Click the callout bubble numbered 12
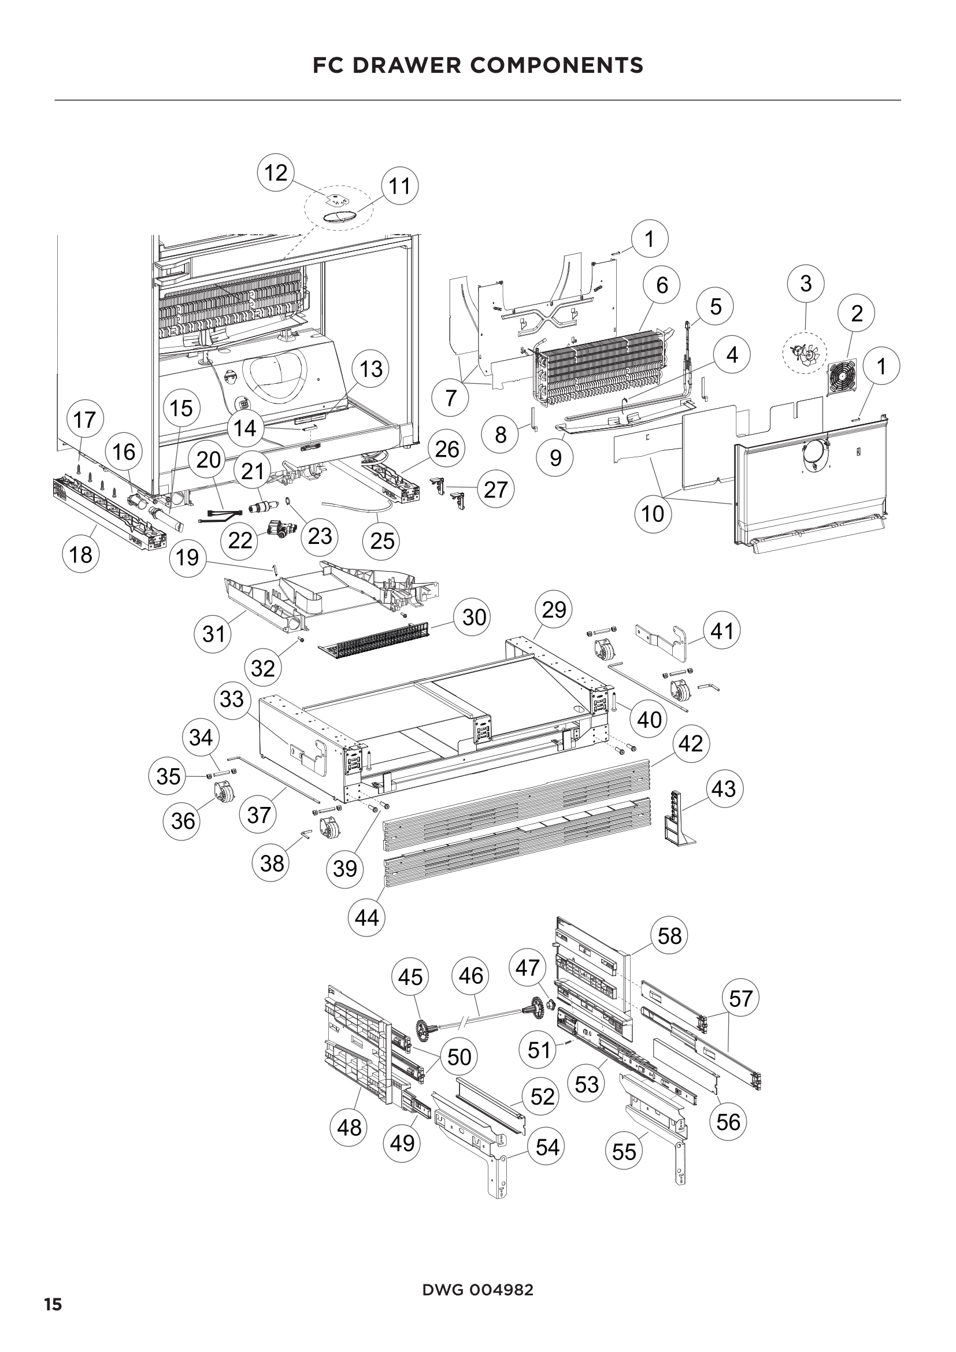[x=276, y=173]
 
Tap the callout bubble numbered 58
[x=669, y=936]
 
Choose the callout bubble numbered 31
[x=213, y=634]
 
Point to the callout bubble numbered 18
[x=81, y=554]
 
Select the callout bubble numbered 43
[x=724, y=788]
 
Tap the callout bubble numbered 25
[x=382, y=540]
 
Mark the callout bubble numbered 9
[x=555, y=458]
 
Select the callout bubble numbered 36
[x=183, y=820]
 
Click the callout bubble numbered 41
[x=722, y=631]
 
